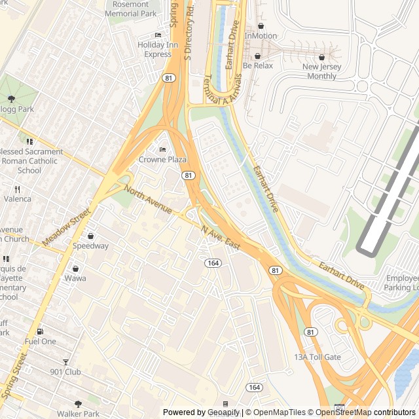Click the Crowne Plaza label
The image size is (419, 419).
(162, 159)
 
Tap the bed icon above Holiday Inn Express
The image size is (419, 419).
(158, 35)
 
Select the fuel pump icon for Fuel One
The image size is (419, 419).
(41, 332)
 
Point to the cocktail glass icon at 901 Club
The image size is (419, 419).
(65, 363)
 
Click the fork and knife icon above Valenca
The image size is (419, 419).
(18, 189)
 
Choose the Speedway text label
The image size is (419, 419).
(90, 246)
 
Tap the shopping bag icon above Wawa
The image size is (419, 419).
(75, 268)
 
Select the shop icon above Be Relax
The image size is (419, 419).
(257, 56)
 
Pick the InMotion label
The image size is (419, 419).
(261, 35)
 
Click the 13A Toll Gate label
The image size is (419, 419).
(318, 357)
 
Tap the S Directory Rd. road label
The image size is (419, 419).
(190, 34)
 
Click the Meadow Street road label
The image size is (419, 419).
(65, 227)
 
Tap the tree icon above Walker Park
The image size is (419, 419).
(78, 404)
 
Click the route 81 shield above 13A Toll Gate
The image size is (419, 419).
(310, 333)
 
